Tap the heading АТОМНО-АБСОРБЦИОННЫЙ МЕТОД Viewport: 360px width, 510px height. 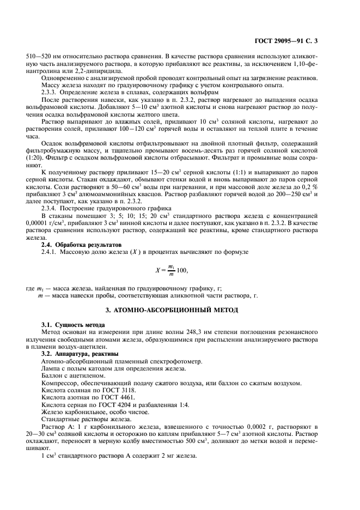(180, 311)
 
